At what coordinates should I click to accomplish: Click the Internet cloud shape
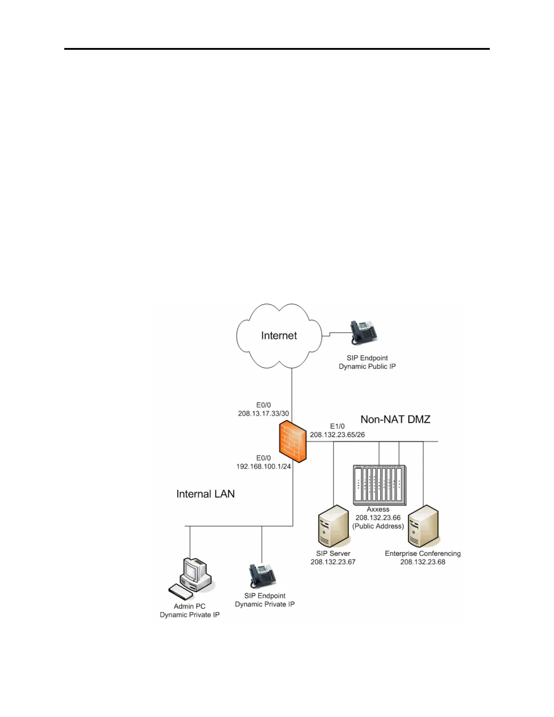point(279,336)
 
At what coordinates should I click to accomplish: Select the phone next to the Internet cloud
point(364,333)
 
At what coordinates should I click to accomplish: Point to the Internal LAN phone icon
point(262,576)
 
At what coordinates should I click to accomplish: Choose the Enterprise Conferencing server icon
point(424,526)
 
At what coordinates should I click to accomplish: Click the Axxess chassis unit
point(379,485)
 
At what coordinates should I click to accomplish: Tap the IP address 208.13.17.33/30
point(263,413)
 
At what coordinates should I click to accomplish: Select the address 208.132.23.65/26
point(337,435)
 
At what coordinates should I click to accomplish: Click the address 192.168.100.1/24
point(263,466)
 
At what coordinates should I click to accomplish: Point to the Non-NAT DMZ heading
point(395,419)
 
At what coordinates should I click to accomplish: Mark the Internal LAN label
point(205,494)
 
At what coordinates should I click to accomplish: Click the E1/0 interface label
point(337,426)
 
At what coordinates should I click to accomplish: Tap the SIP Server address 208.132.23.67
point(333,562)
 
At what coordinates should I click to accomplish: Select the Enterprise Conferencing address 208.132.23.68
point(423,562)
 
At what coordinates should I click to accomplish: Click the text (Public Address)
point(378,526)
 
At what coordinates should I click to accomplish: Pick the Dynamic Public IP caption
point(367,366)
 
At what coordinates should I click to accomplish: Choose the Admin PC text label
point(190,606)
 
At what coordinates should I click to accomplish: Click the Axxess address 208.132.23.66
point(378,517)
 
